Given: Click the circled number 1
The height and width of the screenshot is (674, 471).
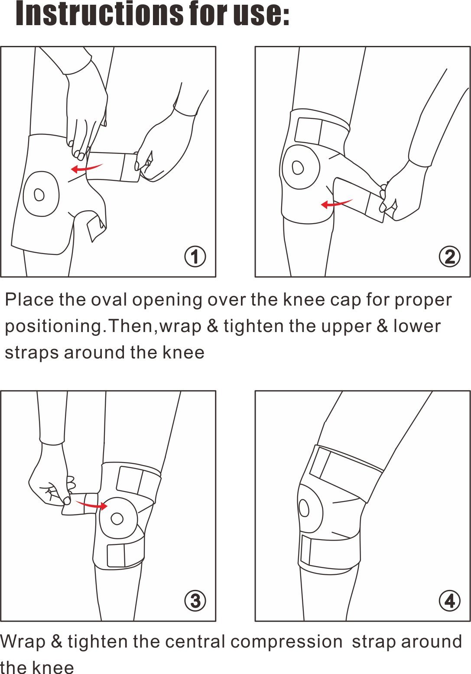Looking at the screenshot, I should pos(195,257).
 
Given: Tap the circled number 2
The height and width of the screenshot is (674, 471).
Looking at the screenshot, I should pos(449,257).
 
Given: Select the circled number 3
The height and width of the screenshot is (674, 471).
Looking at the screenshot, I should pos(195,601).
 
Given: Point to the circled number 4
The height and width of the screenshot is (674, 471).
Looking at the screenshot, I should pos(449,601).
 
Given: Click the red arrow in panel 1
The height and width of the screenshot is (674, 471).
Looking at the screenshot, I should pos(87,167).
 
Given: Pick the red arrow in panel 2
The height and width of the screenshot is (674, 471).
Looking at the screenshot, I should pos(337,203).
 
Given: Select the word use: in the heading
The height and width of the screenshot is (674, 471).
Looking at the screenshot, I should pos(261,14).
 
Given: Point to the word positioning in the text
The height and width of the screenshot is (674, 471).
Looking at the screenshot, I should pos(53,326).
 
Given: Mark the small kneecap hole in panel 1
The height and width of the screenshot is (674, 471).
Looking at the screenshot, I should pos(39,195).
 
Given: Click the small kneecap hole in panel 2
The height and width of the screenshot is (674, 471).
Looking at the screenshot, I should pos(298,167).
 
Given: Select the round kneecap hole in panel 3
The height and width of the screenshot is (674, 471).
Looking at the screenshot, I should pos(117,518).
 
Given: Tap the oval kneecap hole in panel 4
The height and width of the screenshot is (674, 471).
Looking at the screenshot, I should pos(304,508).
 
